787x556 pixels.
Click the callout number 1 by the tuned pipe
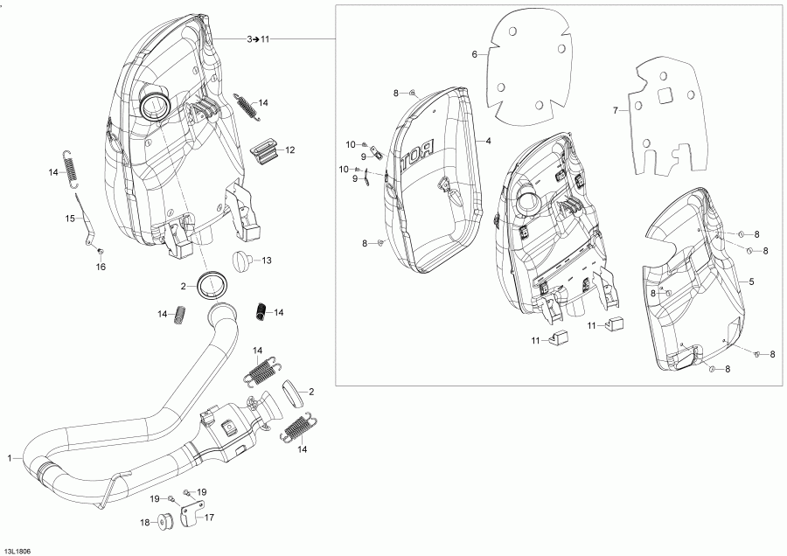(10, 458)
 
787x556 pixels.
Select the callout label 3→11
(259, 39)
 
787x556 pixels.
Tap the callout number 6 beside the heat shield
(474, 54)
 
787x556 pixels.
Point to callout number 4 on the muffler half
(488, 140)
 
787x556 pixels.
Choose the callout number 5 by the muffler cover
(750, 281)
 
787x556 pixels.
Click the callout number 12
(289, 150)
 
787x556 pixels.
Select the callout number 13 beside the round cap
(267, 260)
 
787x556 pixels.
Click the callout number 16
(101, 267)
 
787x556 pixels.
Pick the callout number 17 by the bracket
(210, 517)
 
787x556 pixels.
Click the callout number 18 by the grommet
(145, 523)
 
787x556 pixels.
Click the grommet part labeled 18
(163, 524)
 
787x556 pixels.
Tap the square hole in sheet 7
(665, 96)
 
